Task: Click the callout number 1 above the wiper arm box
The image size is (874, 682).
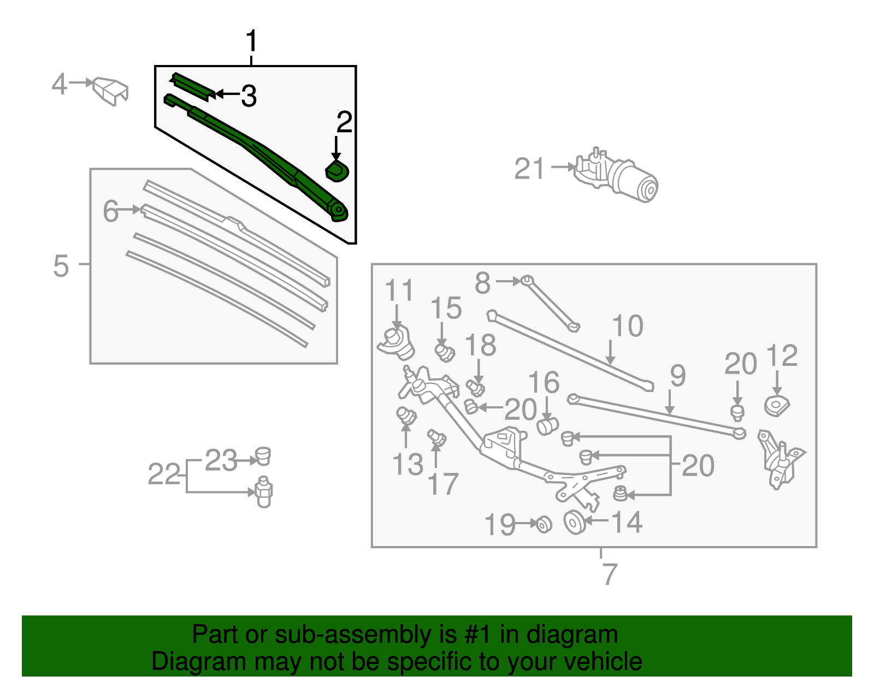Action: (251, 41)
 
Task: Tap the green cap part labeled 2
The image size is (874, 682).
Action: (337, 170)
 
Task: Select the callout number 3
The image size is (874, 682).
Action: (249, 96)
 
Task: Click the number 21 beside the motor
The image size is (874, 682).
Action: (529, 169)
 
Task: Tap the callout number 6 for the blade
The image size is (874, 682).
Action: (110, 211)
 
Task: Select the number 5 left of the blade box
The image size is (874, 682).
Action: (61, 266)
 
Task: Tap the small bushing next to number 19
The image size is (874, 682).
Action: (544, 524)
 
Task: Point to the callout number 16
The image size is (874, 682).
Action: (544, 382)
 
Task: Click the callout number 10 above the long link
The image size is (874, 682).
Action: (628, 326)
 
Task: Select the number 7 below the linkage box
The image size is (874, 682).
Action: (610, 574)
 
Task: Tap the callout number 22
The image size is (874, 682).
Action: (164, 474)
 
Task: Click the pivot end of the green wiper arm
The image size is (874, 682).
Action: (338, 211)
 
